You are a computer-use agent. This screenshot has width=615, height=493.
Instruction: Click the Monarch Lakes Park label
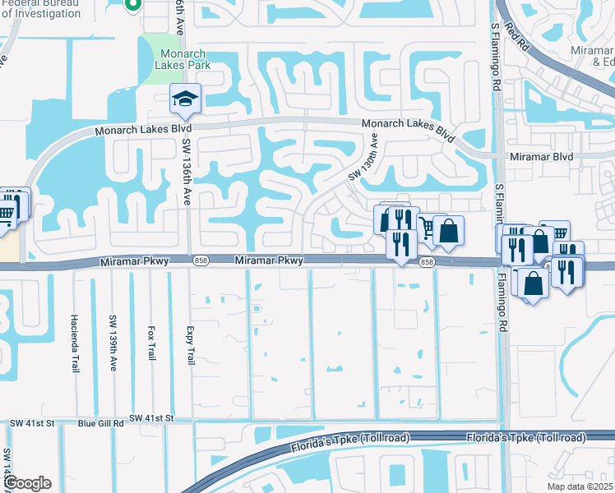183,59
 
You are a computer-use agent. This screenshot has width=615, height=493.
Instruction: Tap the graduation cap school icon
185,99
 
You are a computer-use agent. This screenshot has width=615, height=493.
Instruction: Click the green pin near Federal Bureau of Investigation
132,5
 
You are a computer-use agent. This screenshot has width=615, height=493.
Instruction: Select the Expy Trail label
189,340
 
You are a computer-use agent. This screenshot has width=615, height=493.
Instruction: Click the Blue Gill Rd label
100,423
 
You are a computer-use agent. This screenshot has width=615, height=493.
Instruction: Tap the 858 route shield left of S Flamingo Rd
426,262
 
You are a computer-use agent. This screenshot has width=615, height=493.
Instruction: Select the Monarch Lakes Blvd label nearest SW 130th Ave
409,128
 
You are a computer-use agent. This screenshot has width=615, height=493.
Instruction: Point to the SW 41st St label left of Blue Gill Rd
32,423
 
